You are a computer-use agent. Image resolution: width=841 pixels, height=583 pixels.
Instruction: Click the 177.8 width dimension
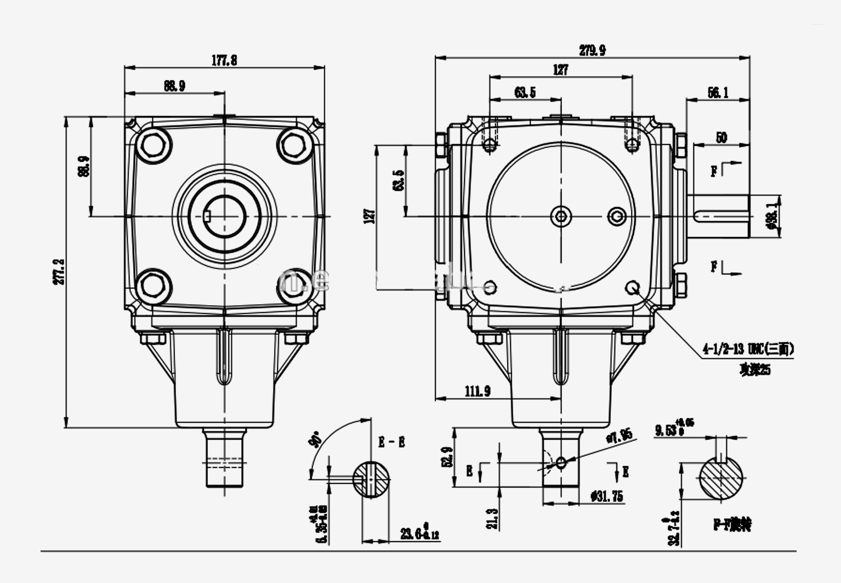point(224,61)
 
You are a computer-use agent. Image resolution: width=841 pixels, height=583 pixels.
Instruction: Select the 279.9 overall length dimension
point(592,50)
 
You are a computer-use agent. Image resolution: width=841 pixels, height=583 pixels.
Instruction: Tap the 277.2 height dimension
point(59,272)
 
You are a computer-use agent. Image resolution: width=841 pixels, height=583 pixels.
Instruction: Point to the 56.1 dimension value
point(718,93)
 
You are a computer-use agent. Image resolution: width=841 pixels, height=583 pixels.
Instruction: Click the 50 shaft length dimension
point(721,138)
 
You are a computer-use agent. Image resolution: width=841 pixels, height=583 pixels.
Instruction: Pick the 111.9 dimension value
point(478,391)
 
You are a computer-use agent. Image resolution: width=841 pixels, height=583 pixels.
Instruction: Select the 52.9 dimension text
point(447,456)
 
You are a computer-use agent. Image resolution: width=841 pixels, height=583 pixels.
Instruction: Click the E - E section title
point(391,443)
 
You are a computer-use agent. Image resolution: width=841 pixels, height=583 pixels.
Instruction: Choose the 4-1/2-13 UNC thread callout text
point(748,348)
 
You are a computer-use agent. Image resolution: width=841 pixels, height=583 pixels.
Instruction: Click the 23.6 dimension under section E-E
point(419,533)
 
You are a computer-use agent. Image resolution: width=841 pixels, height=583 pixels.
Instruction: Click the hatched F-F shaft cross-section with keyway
point(721,478)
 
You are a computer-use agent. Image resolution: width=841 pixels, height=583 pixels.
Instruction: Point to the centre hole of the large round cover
point(561,216)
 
